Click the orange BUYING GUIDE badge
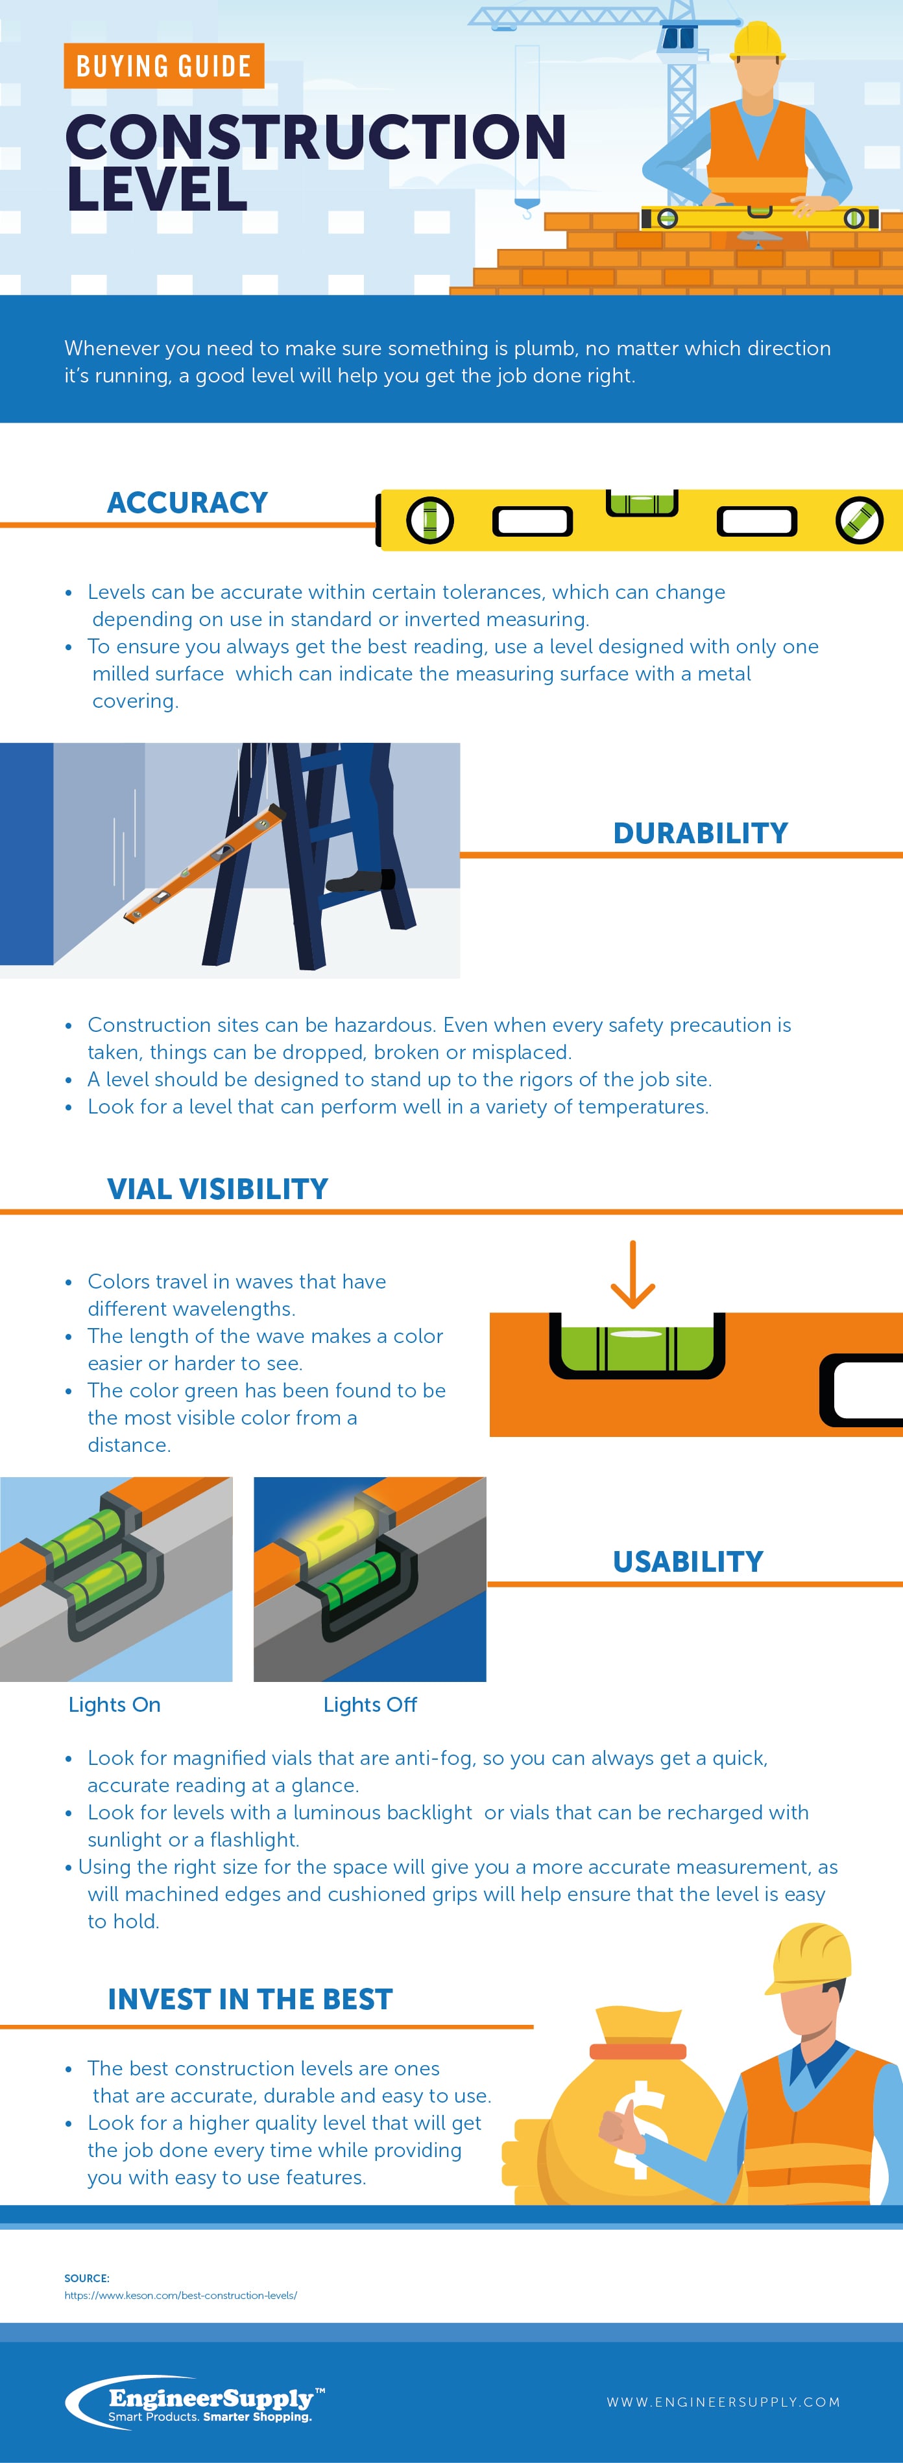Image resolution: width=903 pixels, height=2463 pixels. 163,66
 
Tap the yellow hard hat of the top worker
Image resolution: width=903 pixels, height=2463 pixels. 756,41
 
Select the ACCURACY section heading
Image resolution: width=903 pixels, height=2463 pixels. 187,502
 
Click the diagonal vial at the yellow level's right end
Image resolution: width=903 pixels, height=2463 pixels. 858,521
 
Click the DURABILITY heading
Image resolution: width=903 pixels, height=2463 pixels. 700,833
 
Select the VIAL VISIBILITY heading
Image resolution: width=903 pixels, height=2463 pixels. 217,1189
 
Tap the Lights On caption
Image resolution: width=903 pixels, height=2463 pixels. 115,1705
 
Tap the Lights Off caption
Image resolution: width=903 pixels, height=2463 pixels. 370,1705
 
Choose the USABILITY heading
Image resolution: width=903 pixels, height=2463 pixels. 688,1561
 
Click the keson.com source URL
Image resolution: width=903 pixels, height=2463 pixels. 181,2294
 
